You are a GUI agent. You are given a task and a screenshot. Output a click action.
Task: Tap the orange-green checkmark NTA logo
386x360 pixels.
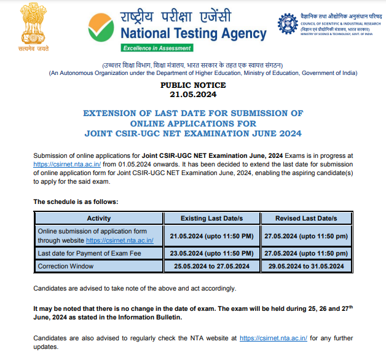click(x=101, y=26)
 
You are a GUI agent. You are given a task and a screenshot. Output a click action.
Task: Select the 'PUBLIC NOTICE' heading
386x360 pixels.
click(x=193, y=85)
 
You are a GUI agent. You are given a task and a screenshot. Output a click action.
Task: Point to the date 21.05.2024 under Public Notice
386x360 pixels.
click(x=193, y=95)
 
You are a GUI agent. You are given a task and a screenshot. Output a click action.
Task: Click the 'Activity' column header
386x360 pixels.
click(x=99, y=219)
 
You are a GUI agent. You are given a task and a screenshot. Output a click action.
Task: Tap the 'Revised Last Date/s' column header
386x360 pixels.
click(x=306, y=219)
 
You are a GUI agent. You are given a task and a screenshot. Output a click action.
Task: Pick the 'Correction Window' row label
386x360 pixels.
click(x=66, y=266)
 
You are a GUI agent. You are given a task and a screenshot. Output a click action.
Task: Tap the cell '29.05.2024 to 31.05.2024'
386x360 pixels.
click(x=306, y=266)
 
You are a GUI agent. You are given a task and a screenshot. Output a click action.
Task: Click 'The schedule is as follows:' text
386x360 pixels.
click(x=75, y=202)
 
